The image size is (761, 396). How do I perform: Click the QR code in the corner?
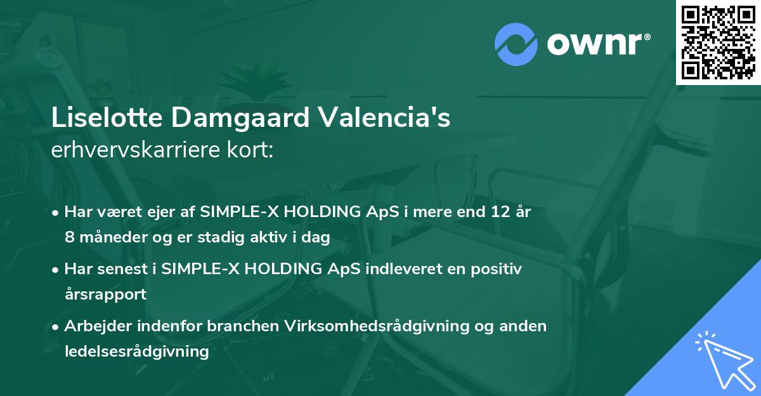[x=718, y=42]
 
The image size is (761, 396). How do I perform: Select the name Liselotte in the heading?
[x=97, y=119]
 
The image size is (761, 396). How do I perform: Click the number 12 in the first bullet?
[x=494, y=212]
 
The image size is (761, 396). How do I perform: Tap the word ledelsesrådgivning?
[x=136, y=352]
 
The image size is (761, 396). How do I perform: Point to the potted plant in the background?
[x=261, y=82]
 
